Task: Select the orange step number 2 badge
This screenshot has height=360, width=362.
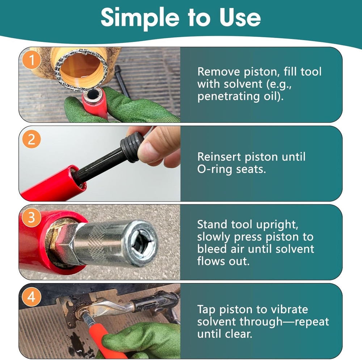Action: tap(32, 139)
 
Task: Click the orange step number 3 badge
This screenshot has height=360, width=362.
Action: tap(32, 218)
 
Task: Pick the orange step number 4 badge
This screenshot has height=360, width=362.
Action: tap(32, 297)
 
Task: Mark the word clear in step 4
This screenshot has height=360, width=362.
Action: tap(237, 334)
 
